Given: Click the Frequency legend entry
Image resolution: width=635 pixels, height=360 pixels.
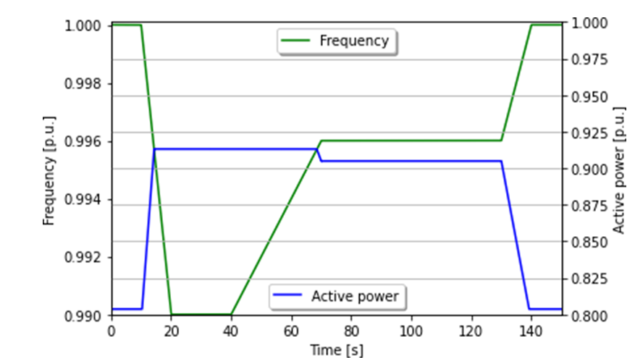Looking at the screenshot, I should tap(338, 41).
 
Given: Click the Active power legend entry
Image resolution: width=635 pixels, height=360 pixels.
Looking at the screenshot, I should tap(338, 296).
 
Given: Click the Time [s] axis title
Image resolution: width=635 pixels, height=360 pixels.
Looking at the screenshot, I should tap(337, 350).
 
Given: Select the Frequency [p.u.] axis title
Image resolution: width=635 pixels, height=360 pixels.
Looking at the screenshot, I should tap(49, 169).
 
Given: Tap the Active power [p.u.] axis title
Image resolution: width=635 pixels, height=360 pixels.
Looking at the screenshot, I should tap(619, 169).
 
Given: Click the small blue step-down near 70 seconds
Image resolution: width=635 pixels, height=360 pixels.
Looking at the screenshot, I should tap(319, 155).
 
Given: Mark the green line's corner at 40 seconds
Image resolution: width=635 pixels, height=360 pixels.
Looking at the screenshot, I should tap(231, 314).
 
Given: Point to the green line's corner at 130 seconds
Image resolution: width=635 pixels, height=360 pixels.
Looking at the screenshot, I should tap(501, 141).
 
